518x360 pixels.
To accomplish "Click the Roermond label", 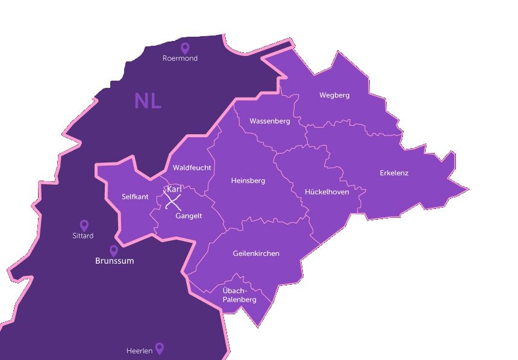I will pyautogui.click(x=180, y=58).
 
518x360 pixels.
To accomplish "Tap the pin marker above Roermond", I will pyautogui.click(x=185, y=48).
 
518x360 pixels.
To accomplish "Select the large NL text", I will pyautogui.click(x=148, y=101).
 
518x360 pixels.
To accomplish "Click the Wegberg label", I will pyautogui.click(x=334, y=95).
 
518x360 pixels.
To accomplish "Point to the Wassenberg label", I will pyautogui.click(x=269, y=121).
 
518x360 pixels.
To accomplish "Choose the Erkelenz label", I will pyautogui.click(x=394, y=173).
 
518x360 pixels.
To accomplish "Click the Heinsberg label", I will pyautogui.click(x=248, y=180).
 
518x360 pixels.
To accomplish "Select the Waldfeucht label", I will pyautogui.click(x=192, y=167).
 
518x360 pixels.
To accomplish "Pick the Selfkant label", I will pyautogui.click(x=135, y=197).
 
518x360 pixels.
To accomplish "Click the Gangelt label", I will pyautogui.click(x=189, y=216).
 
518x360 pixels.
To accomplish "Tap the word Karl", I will pyautogui.click(x=174, y=190).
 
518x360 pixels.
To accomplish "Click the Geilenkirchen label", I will pyautogui.click(x=256, y=253).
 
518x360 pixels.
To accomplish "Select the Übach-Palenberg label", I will pyautogui.click(x=239, y=295).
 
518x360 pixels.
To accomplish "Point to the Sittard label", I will pyautogui.click(x=83, y=236).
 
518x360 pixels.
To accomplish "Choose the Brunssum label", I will pyautogui.click(x=114, y=261).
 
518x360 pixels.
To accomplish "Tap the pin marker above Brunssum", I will pyautogui.click(x=113, y=250).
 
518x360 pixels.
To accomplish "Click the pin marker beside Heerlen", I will pyautogui.click(x=160, y=348).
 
